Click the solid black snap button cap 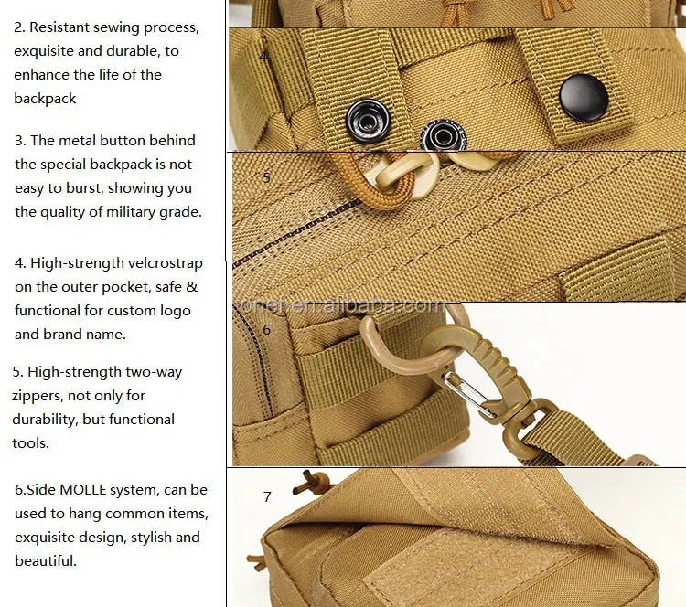pos(584,98)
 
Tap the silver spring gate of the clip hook pos(469,394)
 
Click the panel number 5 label pos(266,177)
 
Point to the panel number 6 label pos(266,329)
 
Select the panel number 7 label pos(267,496)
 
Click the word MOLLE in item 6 pos(83,490)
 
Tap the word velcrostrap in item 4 pos(160,263)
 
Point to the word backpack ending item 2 pos(45,99)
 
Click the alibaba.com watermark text pos(343,305)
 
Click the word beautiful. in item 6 pos(46,560)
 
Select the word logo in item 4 pos(175,311)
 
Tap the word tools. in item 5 pos(30,443)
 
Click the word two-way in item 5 pos(154,373)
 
